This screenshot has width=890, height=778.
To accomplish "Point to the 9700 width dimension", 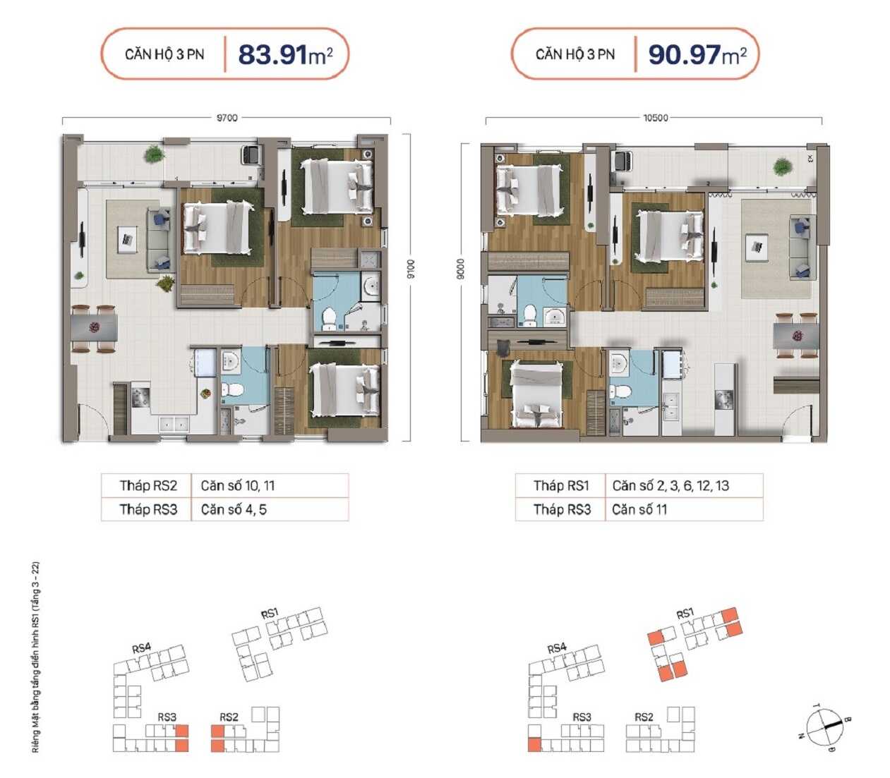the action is [x=227, y=118].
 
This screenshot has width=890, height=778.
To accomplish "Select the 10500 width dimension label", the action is [x=656, y=118].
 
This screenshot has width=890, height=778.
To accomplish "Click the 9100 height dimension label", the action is [x=410, y=269].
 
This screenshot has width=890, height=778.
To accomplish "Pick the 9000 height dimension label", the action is [x=461, y=269].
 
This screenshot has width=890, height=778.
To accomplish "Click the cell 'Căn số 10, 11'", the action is [x=270, y=485].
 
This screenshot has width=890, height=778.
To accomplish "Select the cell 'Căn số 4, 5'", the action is [x=270, y=509].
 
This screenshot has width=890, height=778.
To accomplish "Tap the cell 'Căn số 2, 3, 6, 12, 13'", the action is [x=684, y=485].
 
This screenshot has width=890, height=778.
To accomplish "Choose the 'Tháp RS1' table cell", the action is [x=560, y=485].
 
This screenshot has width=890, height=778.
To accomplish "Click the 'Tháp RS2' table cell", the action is [x=147, y=485].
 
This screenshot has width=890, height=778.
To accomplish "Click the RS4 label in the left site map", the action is [x=141, y=648].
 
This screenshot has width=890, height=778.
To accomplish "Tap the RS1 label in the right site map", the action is [x=685, y=614].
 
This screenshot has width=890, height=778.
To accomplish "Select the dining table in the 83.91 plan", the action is [x=95, y=327].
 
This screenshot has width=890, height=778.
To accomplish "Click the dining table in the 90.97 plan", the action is [x=795, y=336].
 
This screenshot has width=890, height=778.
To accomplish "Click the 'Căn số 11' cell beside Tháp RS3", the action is [x=684, y=509].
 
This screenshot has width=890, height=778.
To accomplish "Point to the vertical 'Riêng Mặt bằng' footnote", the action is [x=36, y=657].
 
